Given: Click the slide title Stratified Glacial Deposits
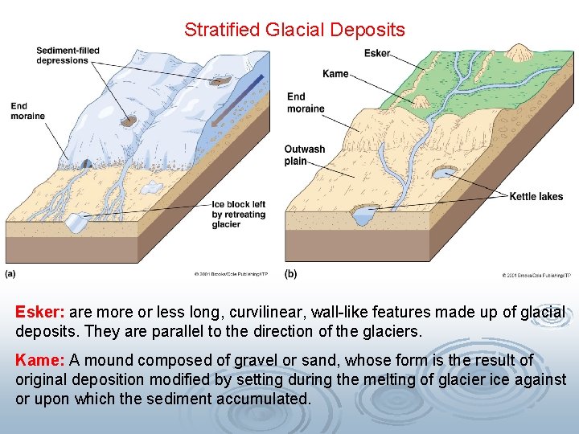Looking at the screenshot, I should click(x=294, y=31).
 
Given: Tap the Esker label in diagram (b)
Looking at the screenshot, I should click(x=376, y=54).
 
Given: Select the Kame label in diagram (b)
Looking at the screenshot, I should click(x=335, y=74).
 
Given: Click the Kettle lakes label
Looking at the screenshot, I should click(x=536, y=197).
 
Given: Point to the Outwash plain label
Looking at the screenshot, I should click(x=305, y=155).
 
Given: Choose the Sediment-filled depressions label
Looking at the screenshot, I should click(x=68, y=55).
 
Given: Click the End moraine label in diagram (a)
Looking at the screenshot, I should click(x=27, y=111).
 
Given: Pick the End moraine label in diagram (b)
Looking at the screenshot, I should click(x=306, y=103).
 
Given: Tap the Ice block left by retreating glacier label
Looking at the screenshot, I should click(x=238, y=215).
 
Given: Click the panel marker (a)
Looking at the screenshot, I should click(x=10, y=273).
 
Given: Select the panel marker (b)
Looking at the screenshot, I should click(x=290, y=273).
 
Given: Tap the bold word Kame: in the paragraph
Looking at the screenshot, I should click(x=40, y=360).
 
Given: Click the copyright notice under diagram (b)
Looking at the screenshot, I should click(x=536, y=275).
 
